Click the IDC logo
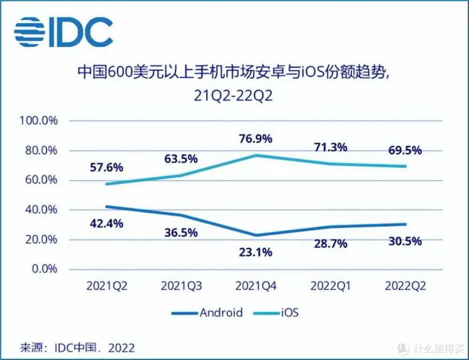click(x=63, y=31)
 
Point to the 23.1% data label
click(x=255, y=252)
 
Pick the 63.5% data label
click(x=181, y=158)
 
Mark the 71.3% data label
click(x=330, y=147)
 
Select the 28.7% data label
click(x=330, y=244)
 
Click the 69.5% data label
click(x=405, y=151)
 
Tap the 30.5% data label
click(x=405, y=242)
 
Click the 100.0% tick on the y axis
click(x=38, y=121)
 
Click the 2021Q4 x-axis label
click(x=256, y=286)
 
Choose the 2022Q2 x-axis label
click(x=405, y=286)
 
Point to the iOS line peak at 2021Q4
click(x=256, y=155)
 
